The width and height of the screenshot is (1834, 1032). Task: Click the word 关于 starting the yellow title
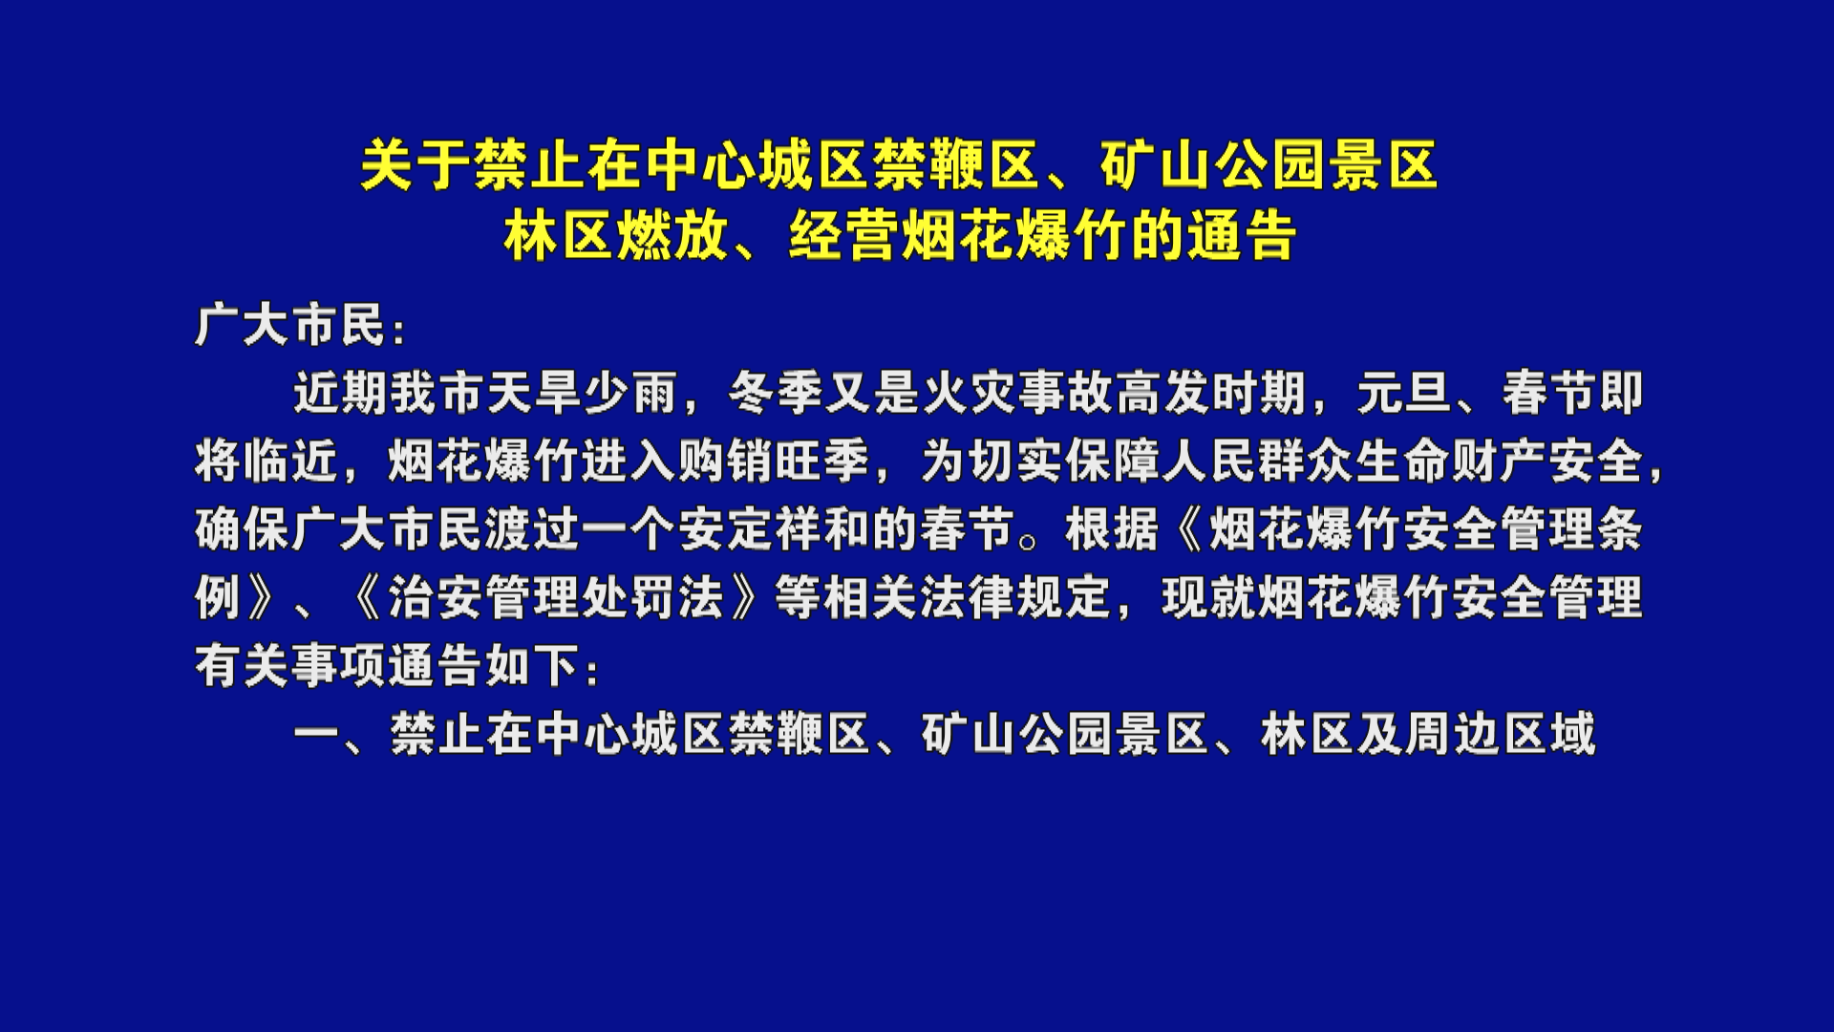416,165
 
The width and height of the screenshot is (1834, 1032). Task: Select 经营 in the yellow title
844,235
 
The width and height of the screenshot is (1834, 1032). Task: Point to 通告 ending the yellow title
1241,235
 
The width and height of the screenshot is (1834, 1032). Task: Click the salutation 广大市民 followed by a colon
290,326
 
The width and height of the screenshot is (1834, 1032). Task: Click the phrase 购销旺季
775,461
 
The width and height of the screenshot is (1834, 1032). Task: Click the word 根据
1113,529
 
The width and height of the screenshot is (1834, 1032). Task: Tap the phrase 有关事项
290,666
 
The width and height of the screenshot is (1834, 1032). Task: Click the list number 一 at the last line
316,735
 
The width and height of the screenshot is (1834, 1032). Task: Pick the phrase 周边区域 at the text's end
1501,735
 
